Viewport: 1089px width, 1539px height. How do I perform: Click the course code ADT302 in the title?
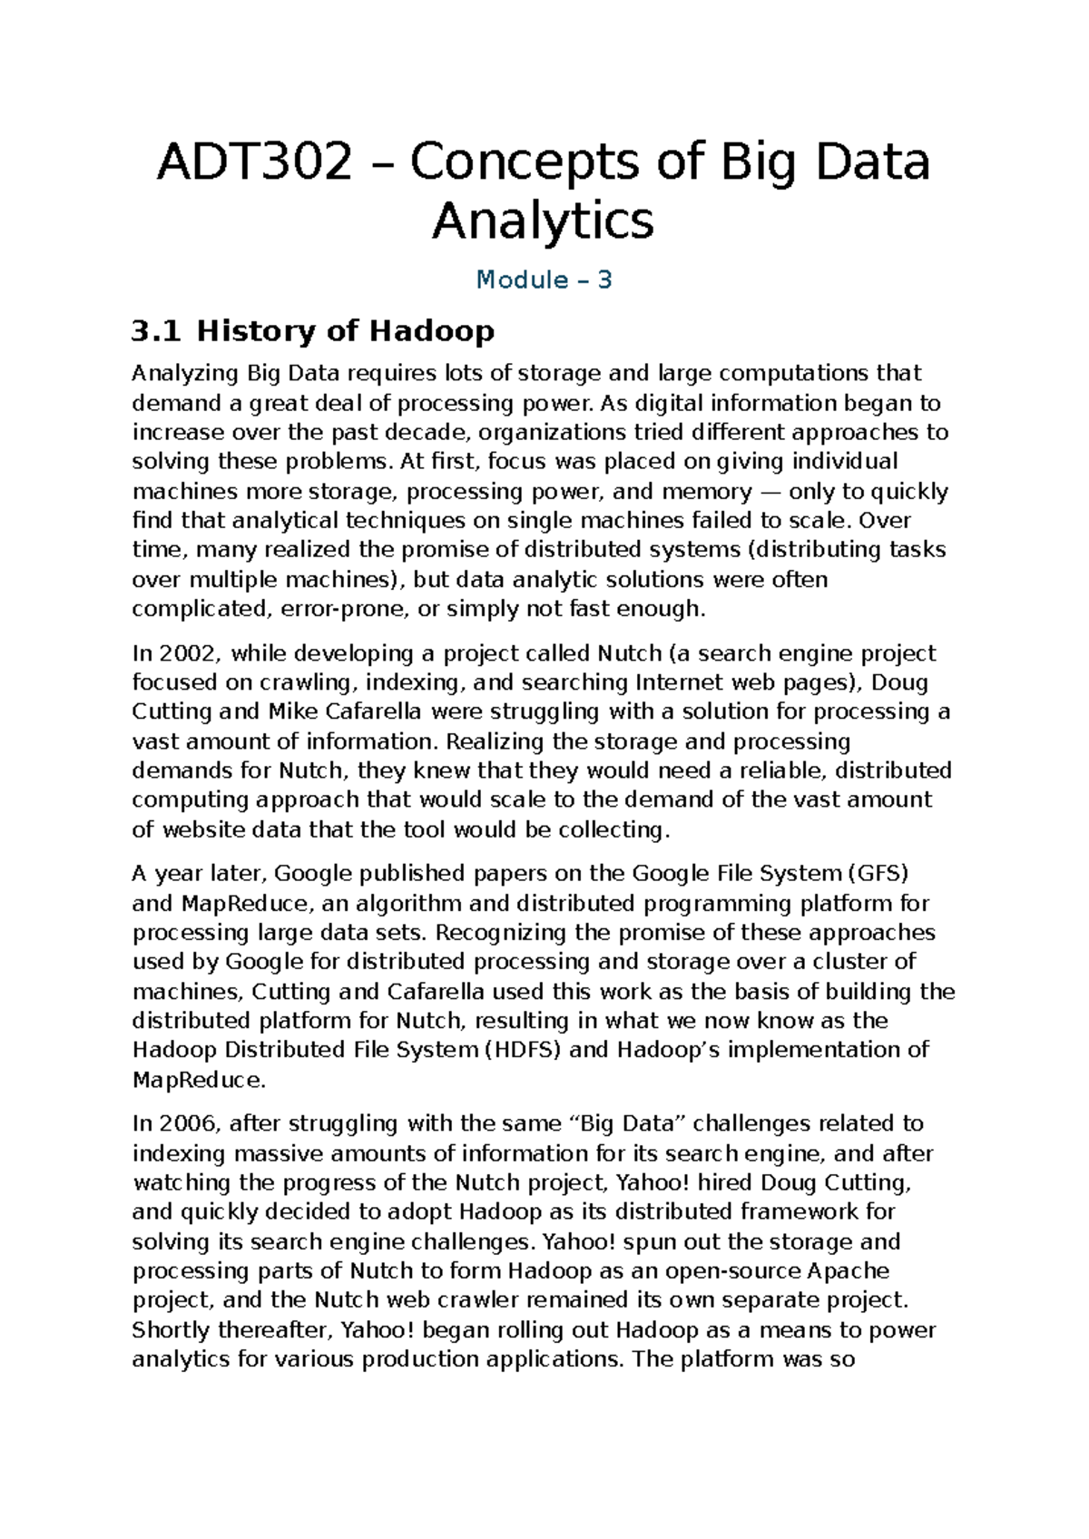[x=254, y=163]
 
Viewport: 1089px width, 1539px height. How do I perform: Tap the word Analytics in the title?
[x=543, y=221]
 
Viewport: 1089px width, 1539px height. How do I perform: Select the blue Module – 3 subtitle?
[x=544, y=279]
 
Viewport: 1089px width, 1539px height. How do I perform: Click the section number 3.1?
[x=156, y=330]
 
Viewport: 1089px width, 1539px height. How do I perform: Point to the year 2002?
[x=189, y=653]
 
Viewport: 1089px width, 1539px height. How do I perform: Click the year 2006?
[x=189, y=1123]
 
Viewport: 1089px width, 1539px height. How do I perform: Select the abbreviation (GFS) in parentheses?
[x=878, y=873]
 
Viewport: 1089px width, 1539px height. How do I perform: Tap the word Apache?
[x=849, y=1270]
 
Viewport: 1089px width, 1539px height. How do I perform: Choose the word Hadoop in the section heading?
[x=431, y=330]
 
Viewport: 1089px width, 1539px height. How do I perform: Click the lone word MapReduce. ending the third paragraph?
[x=200, y=1080]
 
